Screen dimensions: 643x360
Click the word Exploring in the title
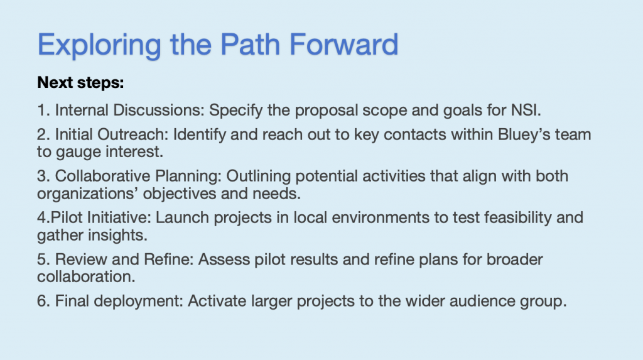(99, 46)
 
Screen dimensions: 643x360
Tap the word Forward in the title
(343, 44)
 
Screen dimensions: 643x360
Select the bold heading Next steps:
(80, 83)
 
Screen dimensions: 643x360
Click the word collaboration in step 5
(84, 276)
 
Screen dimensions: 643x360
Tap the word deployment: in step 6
(138, 302)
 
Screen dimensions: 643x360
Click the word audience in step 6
(483, 301)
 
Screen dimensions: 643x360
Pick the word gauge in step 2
(78, 153)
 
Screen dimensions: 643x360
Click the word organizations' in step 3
(87, 194)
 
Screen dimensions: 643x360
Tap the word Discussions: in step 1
(158, 110)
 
